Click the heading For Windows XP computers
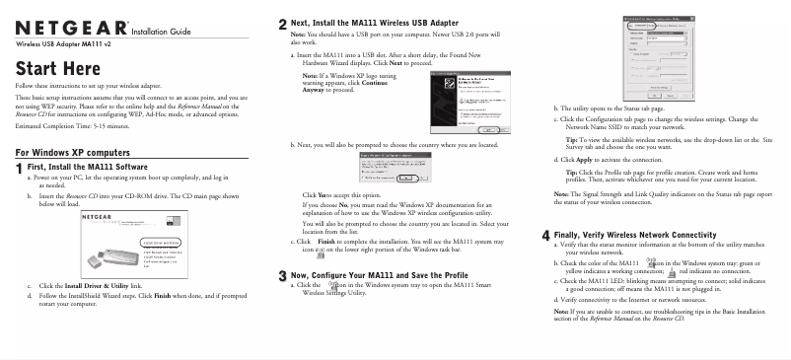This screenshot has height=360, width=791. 73,153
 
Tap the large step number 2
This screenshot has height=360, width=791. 284,23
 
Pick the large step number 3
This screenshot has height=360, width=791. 284,275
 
